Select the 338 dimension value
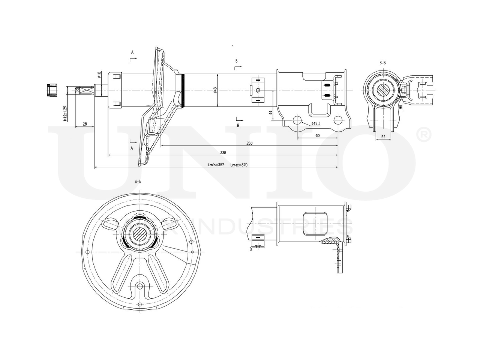(x=223, y=153)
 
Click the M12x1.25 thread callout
(x=65, y=113)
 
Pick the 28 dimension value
(x=84, y=124)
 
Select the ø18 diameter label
(x=99, y=75)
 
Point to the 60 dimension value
(x=317, y=136)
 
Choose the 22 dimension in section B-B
(x=383, y=137)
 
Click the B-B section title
(x=382, y=63)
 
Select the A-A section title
(x=138, y=181)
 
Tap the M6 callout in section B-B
(x=400, y=108)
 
